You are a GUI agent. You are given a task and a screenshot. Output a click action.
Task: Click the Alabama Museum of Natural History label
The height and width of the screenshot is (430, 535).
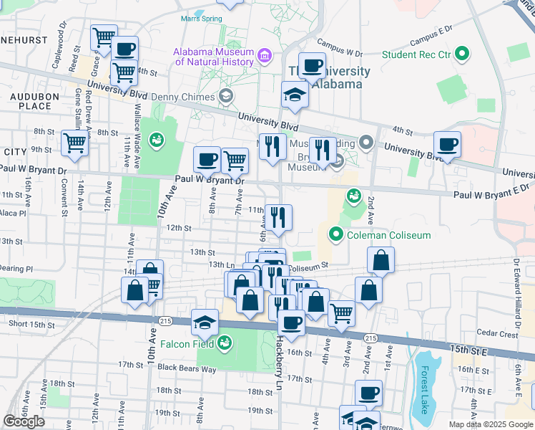click(x=213, y=57)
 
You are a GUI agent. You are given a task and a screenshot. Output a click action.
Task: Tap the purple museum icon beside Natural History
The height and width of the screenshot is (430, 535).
click(x=264, y=55)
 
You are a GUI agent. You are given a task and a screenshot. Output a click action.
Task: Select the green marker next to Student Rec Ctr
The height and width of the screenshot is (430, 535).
click(x=463, y=54)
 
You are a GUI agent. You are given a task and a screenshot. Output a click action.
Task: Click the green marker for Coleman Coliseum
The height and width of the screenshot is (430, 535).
click(x=336, y=234)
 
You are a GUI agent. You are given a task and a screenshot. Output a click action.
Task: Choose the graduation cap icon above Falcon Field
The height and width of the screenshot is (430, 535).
click(x=205, y=322)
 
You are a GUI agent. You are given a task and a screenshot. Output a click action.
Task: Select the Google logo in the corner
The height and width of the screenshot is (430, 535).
click(x=24, y=421)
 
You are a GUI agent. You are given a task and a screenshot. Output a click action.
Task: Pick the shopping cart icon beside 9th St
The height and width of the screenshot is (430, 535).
click(x=75, y=143)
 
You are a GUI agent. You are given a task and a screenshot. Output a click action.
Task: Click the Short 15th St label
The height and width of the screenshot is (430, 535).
click(x=31, y=325)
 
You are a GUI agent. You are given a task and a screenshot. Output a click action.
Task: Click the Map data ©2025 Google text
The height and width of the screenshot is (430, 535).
click(x=490, y=424)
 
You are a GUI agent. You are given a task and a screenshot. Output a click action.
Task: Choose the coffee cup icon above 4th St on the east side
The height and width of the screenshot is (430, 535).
click(x=448, y=144)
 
